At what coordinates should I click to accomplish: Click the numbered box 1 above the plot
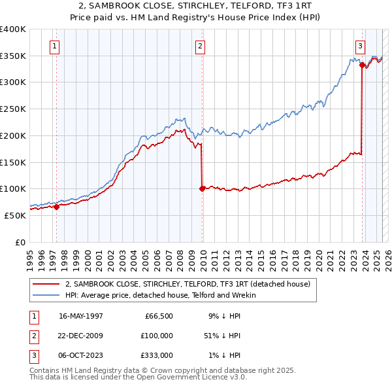click(x=54, y=46)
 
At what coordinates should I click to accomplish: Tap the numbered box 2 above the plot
click(x=200, y=46)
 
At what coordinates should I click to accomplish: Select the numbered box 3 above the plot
click(x=360, y=46)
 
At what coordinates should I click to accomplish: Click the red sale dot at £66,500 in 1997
click(x=57, y=207)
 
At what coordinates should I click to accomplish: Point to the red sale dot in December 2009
click(x=202, y=188)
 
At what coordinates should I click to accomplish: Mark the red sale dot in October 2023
click(x=361, y=65)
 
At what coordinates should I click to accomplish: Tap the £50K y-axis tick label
click(x=15, y=215)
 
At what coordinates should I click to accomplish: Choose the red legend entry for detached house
click(x=191, y=285)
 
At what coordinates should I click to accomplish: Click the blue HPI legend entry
click(x=161, y=295)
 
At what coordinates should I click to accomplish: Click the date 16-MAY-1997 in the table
click(x=80, y=316)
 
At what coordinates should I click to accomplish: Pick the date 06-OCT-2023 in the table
click(x=80, y=355)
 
